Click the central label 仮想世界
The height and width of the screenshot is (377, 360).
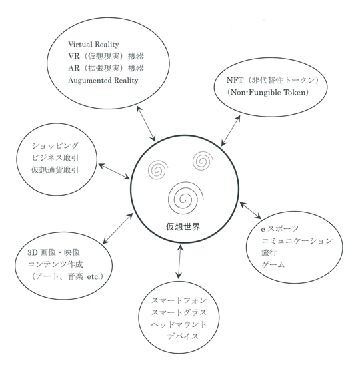[183, 226]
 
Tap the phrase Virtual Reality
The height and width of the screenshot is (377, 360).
[93, 45]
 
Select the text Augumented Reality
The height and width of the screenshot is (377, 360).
[103, 80]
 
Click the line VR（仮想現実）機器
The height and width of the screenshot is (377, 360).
[106, 56]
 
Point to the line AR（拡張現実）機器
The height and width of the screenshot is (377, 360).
[106, 68]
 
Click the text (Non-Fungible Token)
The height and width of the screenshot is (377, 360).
[268, 92]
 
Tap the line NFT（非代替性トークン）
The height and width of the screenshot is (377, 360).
[273, 80]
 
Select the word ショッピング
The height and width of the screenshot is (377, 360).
[55, 145]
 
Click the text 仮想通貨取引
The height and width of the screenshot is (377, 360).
[55, 170]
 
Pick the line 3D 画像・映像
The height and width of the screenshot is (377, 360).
[53, 252]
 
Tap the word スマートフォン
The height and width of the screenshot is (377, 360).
[179, 300]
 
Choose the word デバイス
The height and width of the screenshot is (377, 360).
[183, 336]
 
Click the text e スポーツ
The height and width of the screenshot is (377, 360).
[279, 229]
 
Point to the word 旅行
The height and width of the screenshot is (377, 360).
[269, 253]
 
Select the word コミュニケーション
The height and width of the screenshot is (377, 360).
[297, 241]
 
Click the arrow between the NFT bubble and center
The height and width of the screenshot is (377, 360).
[231, 131]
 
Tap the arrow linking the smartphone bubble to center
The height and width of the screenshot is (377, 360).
[179, 262]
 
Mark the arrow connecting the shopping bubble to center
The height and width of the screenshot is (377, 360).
[114, 171]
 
